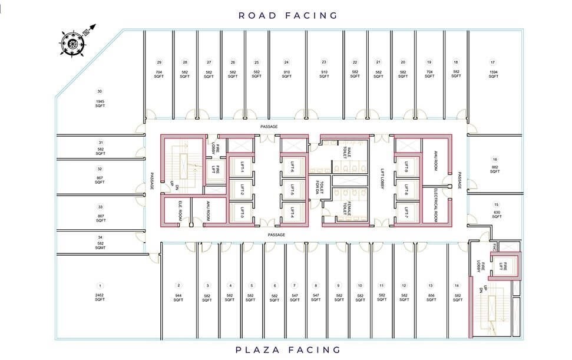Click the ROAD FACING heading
[x=288, y=15]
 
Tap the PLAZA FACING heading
[x=288, y=349]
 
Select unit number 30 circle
[x=100, y=91]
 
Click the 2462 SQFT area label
[x=100, y=298]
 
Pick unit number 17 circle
[x=492, y=62]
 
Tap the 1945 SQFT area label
[x=100, y=104]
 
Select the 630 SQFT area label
[x=497, y=214]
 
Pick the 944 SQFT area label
[x=178, y=298]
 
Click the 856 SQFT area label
[x=431, y=298]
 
